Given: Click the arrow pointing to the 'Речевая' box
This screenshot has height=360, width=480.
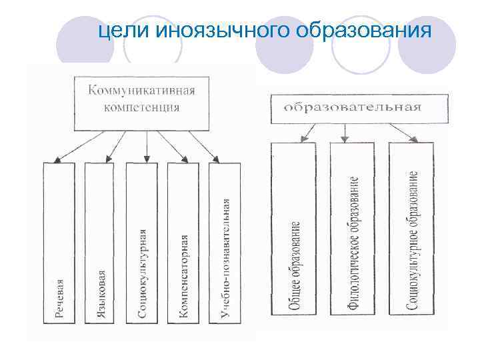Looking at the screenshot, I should click(x=81, y=146).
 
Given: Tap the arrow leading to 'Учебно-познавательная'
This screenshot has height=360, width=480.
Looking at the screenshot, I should click(x=204, y=146).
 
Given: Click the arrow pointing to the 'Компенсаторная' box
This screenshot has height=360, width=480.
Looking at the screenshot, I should click(x=173, y=146).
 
